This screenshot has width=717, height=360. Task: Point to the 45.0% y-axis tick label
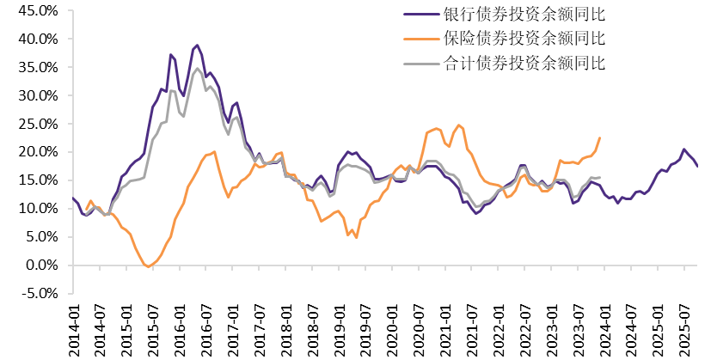coord(38,11)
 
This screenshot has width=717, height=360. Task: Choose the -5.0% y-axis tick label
coord(40,293)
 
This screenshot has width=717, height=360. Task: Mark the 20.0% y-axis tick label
coord(38,152)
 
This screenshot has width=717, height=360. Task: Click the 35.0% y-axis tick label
coord(38,68)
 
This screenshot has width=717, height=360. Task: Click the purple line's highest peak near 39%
coord(197,46)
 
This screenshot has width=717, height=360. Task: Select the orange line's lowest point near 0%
coord(148,267)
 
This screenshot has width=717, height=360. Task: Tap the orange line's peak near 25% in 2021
coord(458,125)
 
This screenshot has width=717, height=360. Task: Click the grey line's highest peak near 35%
coord(198,69)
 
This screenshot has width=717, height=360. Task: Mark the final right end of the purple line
coord(698,166)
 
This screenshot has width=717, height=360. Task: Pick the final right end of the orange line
coord(600,137)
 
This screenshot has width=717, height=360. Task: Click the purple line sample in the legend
coord(421,15)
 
